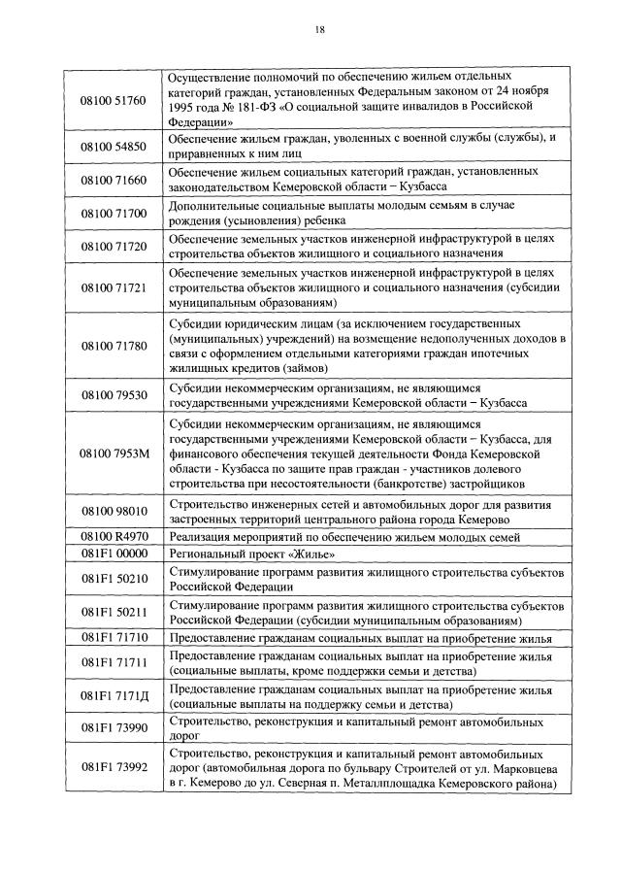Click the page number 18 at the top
(319, 30)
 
